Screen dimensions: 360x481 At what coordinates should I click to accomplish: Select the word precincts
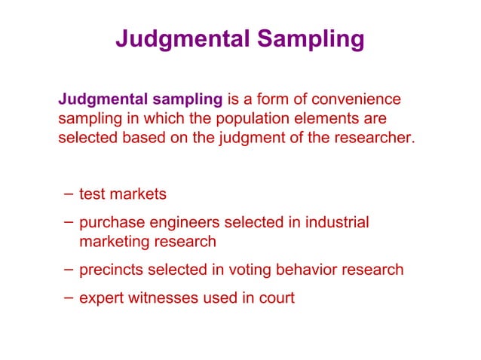coord(112,270)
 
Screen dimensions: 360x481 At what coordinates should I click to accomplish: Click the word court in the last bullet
coord(277,297)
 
